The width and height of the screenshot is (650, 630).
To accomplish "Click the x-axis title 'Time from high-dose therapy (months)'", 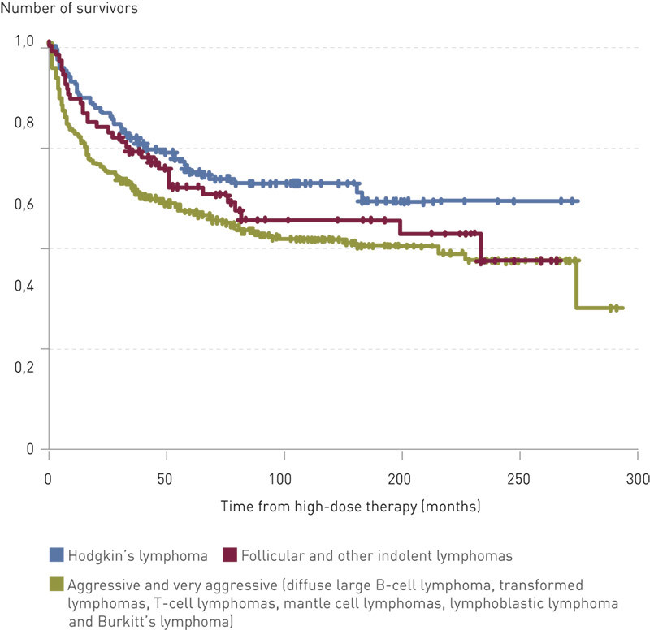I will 350,507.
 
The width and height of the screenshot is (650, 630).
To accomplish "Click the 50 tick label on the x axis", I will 167,477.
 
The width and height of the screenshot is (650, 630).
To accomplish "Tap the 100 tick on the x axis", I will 284,477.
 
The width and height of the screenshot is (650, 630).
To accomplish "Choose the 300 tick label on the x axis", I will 636,477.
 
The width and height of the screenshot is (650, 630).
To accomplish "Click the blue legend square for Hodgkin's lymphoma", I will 57,554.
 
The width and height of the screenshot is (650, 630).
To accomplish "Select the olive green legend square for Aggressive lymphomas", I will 57,584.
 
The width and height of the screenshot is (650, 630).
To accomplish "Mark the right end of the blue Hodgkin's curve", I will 577,201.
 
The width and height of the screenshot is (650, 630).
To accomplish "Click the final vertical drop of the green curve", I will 577,284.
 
